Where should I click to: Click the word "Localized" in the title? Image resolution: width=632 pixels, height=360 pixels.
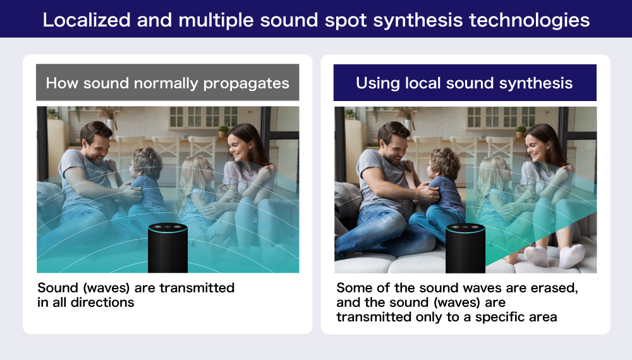pos(87,20)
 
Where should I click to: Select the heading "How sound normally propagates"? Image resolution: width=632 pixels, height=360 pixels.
pos(167,83)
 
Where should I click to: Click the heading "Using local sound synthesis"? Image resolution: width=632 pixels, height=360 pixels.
pos(465,83)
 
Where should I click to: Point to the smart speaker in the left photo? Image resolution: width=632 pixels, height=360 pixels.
pos(167,248)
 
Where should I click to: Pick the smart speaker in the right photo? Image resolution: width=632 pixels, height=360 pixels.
pos(465,248)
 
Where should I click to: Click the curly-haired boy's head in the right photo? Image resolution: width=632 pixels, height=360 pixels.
pos(444,164)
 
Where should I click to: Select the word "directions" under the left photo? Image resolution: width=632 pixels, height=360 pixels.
pos(102,302)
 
